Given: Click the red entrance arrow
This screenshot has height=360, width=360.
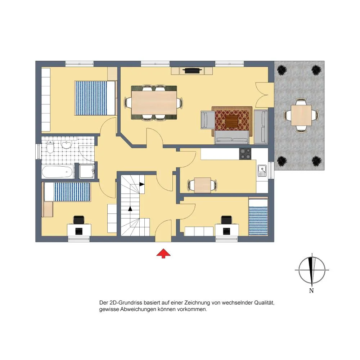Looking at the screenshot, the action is [163, 253].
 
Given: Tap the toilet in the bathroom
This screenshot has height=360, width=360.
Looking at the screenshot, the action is [50, 147].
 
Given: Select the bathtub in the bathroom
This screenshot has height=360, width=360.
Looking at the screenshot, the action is [58, 172].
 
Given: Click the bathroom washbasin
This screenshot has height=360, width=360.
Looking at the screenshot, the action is [66, 145].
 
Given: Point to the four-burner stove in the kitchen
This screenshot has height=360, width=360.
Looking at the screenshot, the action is [245, 154].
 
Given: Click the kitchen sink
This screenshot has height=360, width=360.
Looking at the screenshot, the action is [262, 171].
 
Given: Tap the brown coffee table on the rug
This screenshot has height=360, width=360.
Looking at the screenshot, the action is [231, 121].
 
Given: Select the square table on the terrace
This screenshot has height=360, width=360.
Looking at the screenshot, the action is [301, 115].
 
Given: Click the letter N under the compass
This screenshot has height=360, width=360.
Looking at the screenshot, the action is [311, 291].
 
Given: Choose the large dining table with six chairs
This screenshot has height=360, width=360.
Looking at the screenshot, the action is [154, 103].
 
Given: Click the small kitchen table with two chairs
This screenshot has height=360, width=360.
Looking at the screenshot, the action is [202, 185].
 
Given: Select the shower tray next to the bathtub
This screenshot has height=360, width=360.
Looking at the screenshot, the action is [86, 171].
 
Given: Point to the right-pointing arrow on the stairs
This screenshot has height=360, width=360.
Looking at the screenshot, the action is [141, 184].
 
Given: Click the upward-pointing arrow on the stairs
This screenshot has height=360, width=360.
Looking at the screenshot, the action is [130, 208].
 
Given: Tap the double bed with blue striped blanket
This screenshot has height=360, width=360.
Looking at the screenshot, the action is [95, 98].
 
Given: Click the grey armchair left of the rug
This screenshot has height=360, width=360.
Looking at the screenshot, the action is [208, 120].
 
